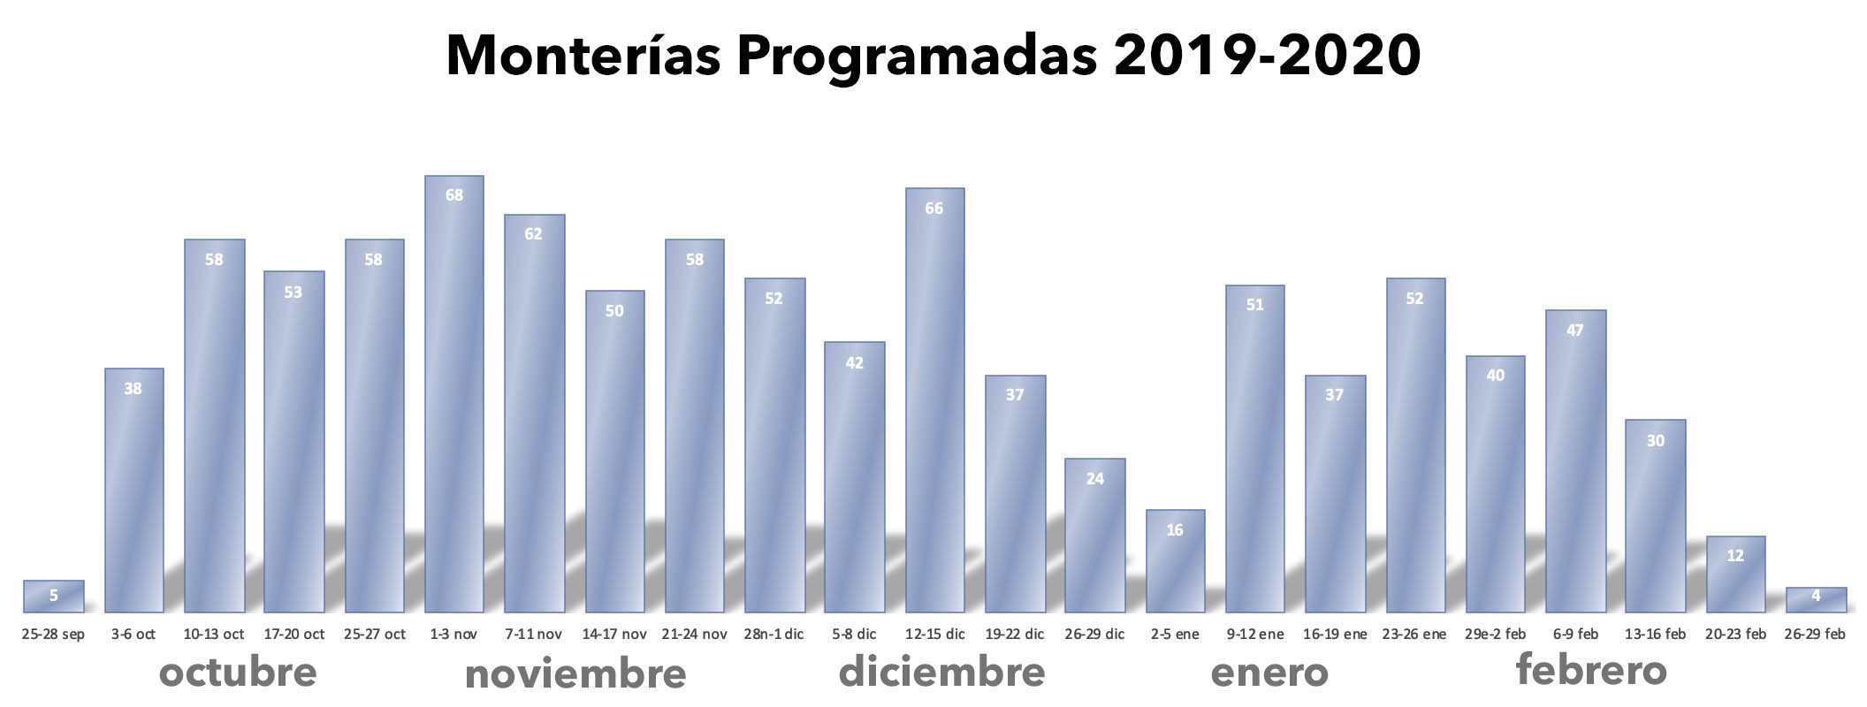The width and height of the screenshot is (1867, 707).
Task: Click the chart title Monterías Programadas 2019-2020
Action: tap(933, 55)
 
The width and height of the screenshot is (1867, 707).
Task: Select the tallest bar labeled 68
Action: tap(453, 398)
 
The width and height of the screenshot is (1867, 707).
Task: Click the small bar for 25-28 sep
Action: tap(53, 597)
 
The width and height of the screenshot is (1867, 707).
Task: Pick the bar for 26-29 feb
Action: tap(1816, 600)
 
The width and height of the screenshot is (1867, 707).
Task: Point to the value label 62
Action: tap(533, 234)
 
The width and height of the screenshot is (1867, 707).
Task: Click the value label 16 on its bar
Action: tap(1175, 530)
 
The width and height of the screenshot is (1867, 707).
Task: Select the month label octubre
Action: tap(238, 673)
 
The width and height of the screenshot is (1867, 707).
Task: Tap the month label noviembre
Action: tap(575, 674)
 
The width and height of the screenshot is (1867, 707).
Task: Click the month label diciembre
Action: tap(941, 672)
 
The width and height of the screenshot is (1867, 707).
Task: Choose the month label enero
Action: tap(1269, 673)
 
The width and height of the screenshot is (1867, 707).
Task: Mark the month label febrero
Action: tap(1591, 670)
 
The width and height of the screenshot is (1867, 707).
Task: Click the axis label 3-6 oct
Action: tap(133, 635)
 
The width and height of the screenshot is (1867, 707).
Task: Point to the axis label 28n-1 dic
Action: tap(773, 635)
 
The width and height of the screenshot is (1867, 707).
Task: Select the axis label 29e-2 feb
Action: tap(1495, 635)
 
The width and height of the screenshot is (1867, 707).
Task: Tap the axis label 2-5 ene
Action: tap(1175, 635)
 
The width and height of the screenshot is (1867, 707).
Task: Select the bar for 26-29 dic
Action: tap(1094, 539)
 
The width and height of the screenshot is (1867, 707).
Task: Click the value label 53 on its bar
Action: tap(293, 293)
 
